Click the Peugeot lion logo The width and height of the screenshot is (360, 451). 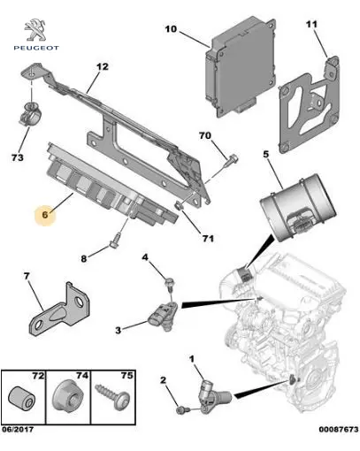(x=35, y=29)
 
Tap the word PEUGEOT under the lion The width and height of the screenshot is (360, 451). (x=36, y=48)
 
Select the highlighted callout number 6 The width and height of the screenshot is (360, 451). (x=45, y=214)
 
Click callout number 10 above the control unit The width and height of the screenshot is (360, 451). (x=171, y=29)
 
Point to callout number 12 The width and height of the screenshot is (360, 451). (x=103, y=66)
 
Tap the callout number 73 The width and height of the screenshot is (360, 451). (x=18, y=157)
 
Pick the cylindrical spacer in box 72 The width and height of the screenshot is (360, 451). (x=21, y=396)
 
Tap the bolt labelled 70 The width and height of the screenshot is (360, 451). (x=231, y=161)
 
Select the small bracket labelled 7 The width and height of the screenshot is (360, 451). (x=61, y=312)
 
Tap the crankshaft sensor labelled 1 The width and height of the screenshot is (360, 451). (x=214, y=394)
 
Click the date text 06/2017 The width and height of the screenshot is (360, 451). (x=18, y=429)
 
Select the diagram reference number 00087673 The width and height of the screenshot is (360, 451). (x=339, y=429)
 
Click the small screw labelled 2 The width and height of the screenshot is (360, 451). (x=181, y=409)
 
